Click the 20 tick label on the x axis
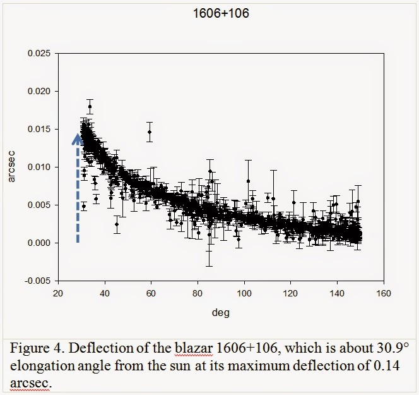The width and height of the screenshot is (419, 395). click(x=58, y=293)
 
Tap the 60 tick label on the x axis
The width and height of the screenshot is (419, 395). click(x=151, y=293)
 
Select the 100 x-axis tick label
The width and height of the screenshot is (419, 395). click(x=244, y=293)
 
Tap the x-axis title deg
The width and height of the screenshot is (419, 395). click(x=221, y=312)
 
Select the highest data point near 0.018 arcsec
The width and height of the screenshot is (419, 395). click(x=90, y=106)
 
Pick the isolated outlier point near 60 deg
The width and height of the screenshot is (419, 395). click(x=150, y=131)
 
